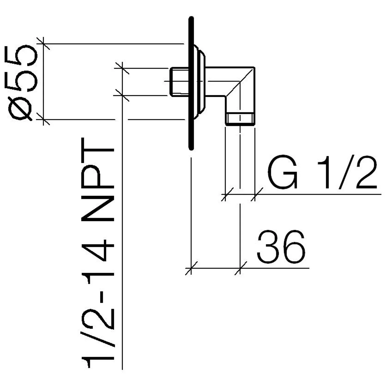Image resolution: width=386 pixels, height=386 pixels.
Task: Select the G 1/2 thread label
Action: click(322, 172)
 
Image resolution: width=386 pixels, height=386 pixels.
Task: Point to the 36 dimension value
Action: click(281, 247)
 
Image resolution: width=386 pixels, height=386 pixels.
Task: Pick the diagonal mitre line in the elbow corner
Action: click(240, 82)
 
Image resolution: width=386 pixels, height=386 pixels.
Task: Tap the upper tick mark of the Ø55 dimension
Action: click(43, 44)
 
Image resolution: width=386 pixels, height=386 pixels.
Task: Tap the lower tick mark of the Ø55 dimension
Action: click(43, 119)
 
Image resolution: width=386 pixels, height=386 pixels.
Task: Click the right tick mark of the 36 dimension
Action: click(240, 268)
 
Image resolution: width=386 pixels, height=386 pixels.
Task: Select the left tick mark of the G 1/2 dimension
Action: click(225, 194)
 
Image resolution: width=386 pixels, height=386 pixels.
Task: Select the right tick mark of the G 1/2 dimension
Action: click(255, 194)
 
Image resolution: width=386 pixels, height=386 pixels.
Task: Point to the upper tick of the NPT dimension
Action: click(122, 68)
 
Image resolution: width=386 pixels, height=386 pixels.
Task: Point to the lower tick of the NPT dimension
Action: click(122, 95)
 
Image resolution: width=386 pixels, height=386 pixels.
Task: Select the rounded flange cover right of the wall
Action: click(200, 82)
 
